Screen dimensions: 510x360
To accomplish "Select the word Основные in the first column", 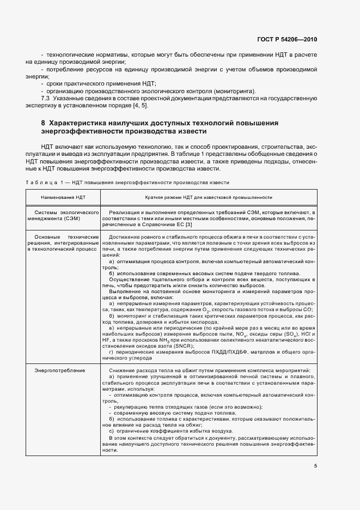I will click(46, 236).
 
